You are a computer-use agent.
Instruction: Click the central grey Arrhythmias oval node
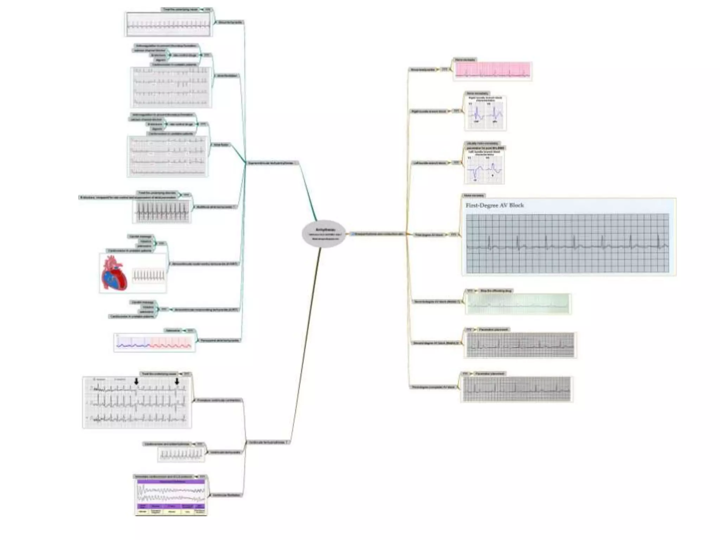click(x=323, y=234)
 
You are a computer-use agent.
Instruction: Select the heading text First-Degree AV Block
click(x=495, y=205)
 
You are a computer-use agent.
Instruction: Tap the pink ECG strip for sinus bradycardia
click(x=493, y=70)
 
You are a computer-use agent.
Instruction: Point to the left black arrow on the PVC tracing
click(x=136, y=381)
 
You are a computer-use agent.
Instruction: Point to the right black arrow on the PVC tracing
click(x=177, y=381)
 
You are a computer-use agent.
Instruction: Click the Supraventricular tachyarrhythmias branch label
click(x=271, y=163)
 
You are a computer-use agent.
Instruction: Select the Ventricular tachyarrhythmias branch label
click(x=266, y=442)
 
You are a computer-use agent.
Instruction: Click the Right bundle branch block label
click(x=429, y=111)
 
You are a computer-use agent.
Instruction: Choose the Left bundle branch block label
click(x=430, y=163)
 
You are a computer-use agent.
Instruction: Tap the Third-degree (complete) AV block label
click(x=433, y=387)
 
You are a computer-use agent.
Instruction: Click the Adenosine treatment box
click(x=173, y=330)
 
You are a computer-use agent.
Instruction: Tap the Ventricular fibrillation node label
click(x=226, y=495)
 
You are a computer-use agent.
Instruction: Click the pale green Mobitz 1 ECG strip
click(x=518, y=304)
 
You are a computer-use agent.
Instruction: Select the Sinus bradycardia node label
click(x=423, y=70)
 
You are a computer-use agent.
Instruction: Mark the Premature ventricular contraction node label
click(x=219, y=400)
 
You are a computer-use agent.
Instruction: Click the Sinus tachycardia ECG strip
click(x=168, y=25)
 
